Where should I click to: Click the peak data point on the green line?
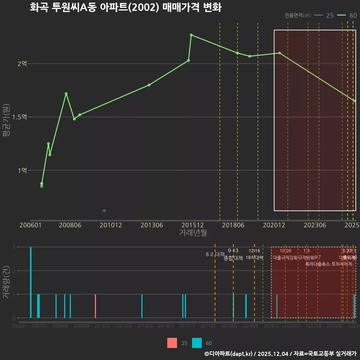(x=191, y=35)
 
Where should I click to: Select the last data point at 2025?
(x=354, y=101)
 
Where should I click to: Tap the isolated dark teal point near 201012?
(x=104, y=211)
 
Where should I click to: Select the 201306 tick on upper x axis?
(x=151, y=225)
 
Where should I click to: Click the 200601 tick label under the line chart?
(x=30, y=225)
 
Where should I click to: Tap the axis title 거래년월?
(x=193, y=232)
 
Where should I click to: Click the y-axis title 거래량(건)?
(x=6, y=282)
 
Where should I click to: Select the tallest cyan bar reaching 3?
(x=31, y=282)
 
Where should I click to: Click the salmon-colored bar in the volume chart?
(x=96, y=306)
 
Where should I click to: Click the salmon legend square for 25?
(x=172, y=343)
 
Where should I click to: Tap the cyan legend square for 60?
(x=197, y=343)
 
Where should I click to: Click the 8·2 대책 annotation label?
(x=215, y=254)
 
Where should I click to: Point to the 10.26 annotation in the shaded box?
(x=285, y=251)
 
